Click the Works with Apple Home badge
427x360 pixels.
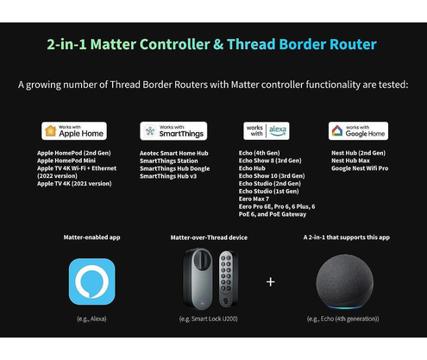point(74,131)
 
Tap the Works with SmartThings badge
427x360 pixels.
point(173,131)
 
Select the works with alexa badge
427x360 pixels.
point(267,131)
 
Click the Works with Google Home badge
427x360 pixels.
point(358,131)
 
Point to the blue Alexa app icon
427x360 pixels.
point(91,281)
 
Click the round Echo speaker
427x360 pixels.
point(345,281)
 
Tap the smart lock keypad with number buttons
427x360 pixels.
point(228,279)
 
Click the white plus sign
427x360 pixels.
point(271,281)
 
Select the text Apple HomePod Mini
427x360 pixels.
point(66,161)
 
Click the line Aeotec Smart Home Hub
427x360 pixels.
point(174,154)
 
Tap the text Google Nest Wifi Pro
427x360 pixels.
point(360,168)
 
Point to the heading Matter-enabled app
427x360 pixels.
point(91,237)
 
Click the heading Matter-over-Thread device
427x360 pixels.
point(209,237)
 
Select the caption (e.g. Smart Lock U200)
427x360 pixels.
point(209,319)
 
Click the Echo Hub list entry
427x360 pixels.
point(252,168)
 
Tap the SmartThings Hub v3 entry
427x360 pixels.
point(168,176)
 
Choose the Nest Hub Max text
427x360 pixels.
point(350,161)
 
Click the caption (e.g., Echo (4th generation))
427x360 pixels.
point(343,319)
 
